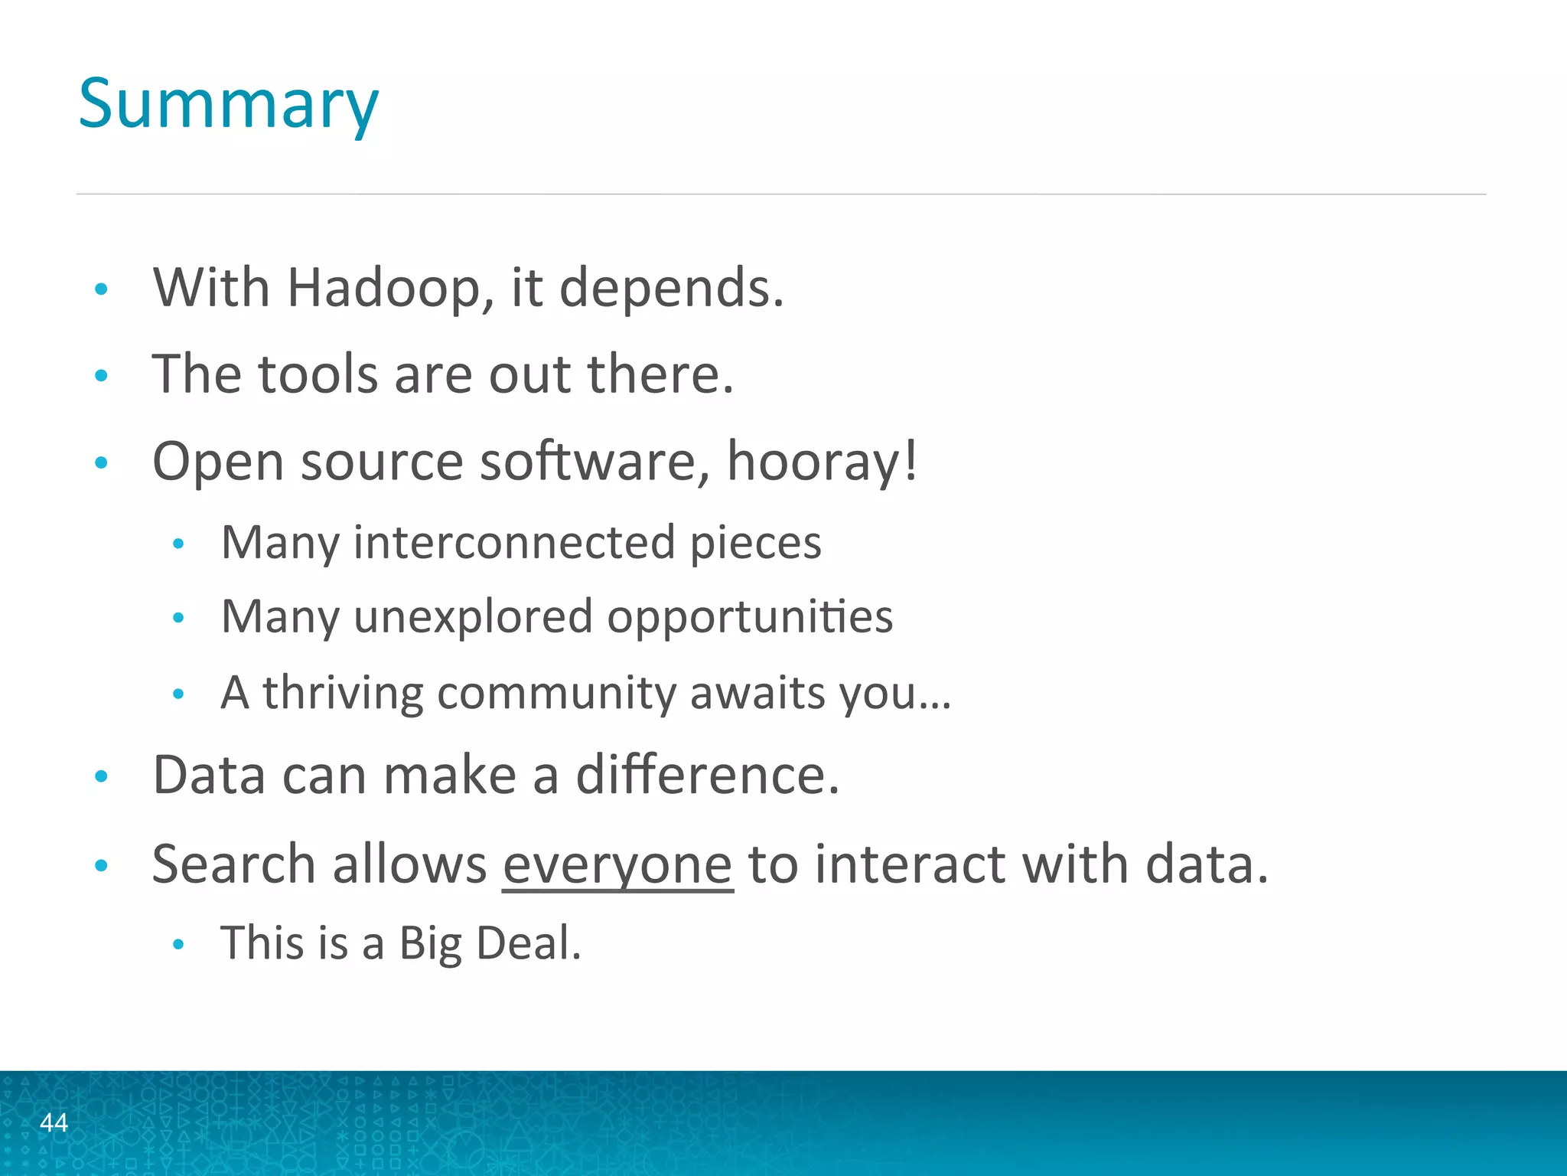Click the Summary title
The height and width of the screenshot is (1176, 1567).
click(228, 105)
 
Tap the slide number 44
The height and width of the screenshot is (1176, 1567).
click(54, 1122)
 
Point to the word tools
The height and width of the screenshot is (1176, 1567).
click(318, 375)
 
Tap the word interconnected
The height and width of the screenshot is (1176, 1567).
click(514, 542)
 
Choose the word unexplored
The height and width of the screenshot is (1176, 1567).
click(473, 617)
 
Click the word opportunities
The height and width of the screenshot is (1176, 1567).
click(750, 617)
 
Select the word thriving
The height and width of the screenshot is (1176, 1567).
click(343, 693)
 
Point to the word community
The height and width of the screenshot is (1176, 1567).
click(556, 693)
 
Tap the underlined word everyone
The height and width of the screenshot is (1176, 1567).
click(617, 865)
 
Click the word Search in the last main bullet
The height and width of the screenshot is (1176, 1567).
click(233, 865)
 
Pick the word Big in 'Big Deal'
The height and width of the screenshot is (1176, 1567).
click(430, 943)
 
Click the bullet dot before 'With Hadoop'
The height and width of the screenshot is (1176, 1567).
click(101, 289)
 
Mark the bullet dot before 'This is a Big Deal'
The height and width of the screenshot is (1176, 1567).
click(178, 945)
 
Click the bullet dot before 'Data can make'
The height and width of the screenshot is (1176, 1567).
click(101, 777)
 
